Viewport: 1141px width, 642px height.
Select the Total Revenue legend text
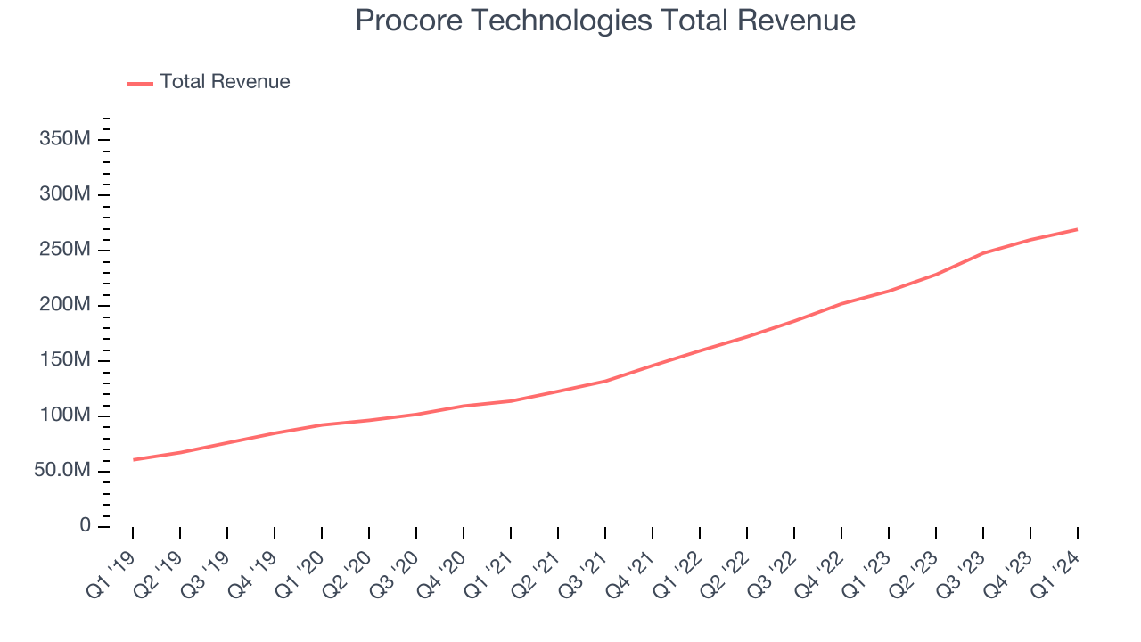225,82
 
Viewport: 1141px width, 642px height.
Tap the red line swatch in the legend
140,83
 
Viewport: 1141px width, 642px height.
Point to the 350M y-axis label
65,140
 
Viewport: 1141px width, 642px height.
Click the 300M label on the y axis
65,195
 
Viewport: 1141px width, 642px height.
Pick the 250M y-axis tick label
65,251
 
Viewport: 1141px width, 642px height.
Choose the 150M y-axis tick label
65,360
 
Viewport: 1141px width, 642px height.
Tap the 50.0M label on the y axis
62,471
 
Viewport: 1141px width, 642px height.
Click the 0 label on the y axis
85,526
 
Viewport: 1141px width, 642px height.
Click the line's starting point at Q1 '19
134,460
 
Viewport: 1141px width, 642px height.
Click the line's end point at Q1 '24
1077,229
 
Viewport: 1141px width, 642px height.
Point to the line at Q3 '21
605,381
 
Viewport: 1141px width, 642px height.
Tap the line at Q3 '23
983,252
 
